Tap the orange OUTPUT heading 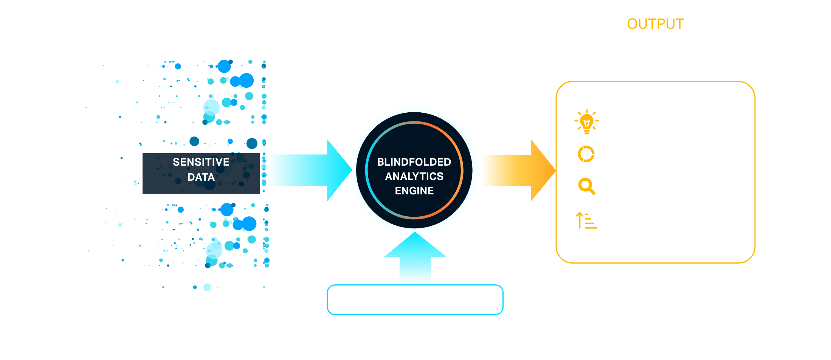coord(655,24)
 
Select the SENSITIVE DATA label coord(201,169)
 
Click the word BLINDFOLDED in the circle coord(414,162)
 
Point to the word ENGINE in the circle coord(414,191)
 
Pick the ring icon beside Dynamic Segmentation coord(586,154)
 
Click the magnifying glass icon coord(586,186)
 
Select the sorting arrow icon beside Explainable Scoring coord(586,220)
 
